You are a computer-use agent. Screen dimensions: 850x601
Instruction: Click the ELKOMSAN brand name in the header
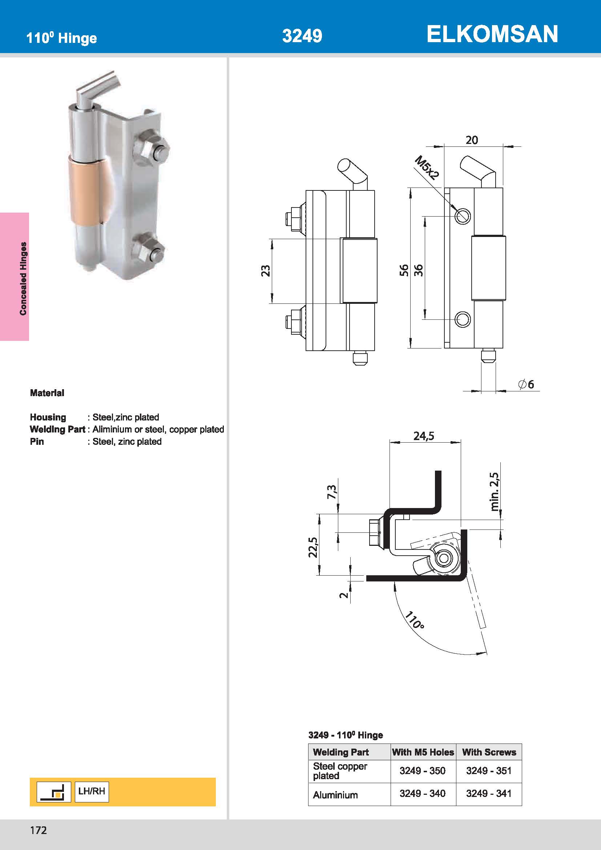pos(492,34)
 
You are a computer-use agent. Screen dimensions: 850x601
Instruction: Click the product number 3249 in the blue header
pos(302,36)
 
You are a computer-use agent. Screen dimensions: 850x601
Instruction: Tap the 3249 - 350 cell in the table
pos(422,770)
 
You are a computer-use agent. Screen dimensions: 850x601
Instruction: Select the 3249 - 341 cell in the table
pos(488,793)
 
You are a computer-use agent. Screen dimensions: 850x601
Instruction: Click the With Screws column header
pos(489,752)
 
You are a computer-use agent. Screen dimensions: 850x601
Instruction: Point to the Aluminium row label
pos(335,795)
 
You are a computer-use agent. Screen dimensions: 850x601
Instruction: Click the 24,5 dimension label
pos(424,436)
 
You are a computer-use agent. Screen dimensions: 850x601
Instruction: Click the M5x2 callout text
pos(427,167)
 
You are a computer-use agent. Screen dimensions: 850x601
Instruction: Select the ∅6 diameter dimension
pos(526,384)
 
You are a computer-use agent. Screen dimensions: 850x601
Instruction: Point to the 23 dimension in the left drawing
pos(266,271)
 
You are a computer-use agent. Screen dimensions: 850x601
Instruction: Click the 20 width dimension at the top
pos(472,140)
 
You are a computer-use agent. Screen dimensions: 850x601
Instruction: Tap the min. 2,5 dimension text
pos(495,492)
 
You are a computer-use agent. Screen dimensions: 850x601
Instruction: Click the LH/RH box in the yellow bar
pos(92,791)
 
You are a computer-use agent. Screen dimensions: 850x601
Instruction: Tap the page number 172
pos(39,830)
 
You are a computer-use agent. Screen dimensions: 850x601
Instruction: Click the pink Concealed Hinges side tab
pos(15,277)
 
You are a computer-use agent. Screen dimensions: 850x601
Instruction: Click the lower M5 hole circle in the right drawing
pos(463,319)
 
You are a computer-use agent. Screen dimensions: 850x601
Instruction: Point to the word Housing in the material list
pos(48,417)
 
